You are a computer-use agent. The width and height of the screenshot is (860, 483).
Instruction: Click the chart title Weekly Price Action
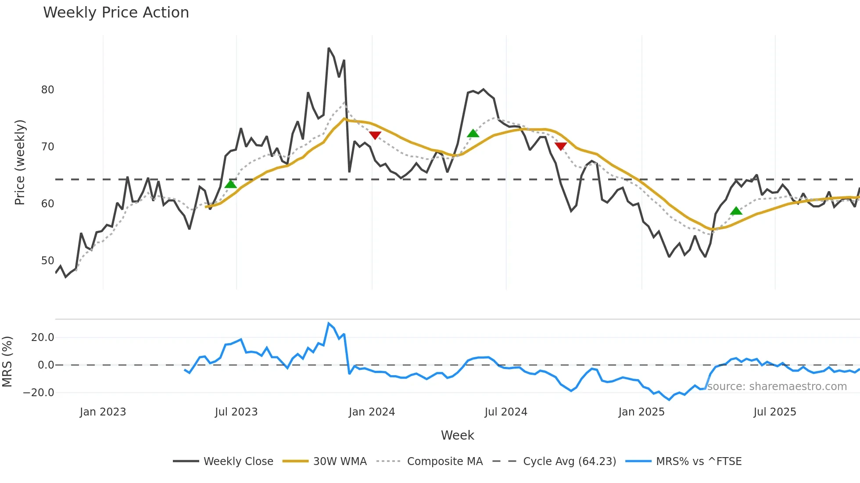coord(116,13)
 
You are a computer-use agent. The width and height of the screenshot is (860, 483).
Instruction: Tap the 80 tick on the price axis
coord(47,90)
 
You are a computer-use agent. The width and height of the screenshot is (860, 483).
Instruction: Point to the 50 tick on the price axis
coord(47,261)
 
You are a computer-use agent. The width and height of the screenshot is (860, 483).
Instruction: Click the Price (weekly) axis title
coord(20,162)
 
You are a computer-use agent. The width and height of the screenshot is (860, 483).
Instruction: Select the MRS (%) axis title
coord(7,362)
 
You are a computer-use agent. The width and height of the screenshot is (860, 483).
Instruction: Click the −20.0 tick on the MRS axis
coord(38,393)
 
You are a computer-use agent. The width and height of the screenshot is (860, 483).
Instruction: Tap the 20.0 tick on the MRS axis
coord(43,337)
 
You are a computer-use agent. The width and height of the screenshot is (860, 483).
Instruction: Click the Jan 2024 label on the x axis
coord(372,412)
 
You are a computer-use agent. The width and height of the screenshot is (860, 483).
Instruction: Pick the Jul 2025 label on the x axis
coord(774,412)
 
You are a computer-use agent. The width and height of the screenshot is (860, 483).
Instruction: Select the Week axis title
coord(457,435)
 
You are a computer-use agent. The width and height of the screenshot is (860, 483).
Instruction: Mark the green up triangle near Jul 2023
coord(230,184)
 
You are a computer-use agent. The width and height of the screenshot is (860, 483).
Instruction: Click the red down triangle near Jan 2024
coord(375,135)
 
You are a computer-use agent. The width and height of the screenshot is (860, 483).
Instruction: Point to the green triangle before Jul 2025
coord(736,211)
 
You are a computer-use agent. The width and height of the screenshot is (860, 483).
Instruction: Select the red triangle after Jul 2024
coord(560,146)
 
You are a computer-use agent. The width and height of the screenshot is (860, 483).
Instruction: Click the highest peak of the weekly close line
coord(329,48)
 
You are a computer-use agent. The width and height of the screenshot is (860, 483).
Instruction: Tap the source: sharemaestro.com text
coord(777,387)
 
